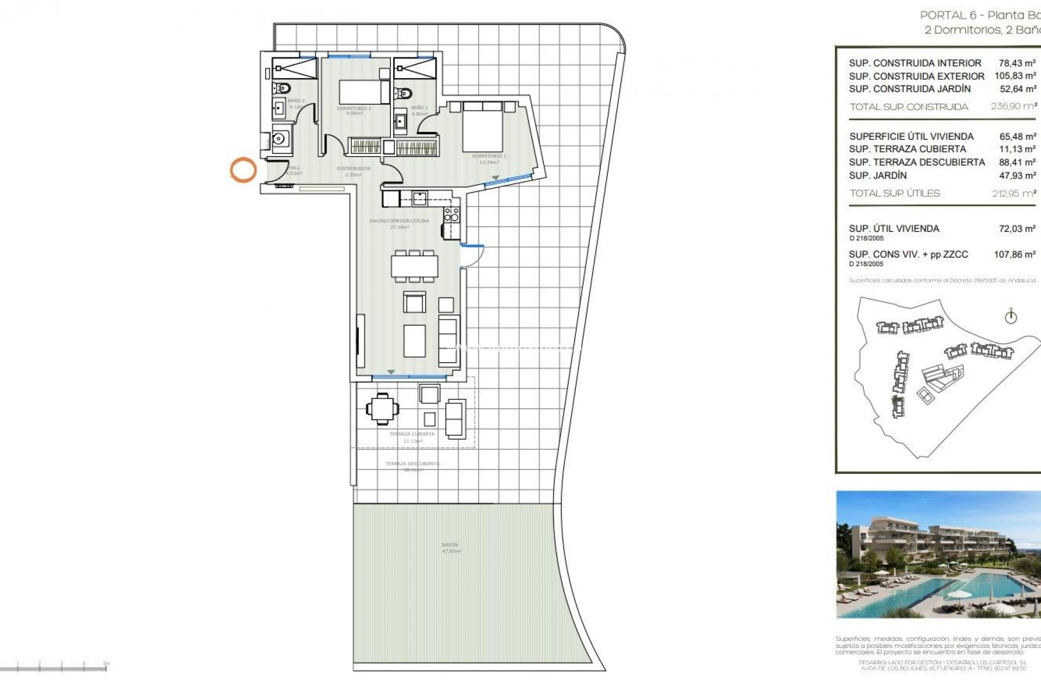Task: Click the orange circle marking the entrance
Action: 243,170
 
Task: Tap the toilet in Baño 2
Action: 282,88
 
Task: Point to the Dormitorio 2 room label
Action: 354,108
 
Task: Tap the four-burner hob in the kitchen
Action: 451,215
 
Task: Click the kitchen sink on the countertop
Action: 419,198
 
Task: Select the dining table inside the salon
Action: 415,266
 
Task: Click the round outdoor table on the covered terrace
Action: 382,408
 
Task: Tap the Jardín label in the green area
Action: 450,545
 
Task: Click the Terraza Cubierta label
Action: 412,434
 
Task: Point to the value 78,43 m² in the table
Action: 1017,63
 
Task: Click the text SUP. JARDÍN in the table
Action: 878,175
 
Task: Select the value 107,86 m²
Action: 1014,254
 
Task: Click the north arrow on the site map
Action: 1011,317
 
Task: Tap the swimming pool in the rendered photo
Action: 922,591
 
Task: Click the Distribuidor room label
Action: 354,169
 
